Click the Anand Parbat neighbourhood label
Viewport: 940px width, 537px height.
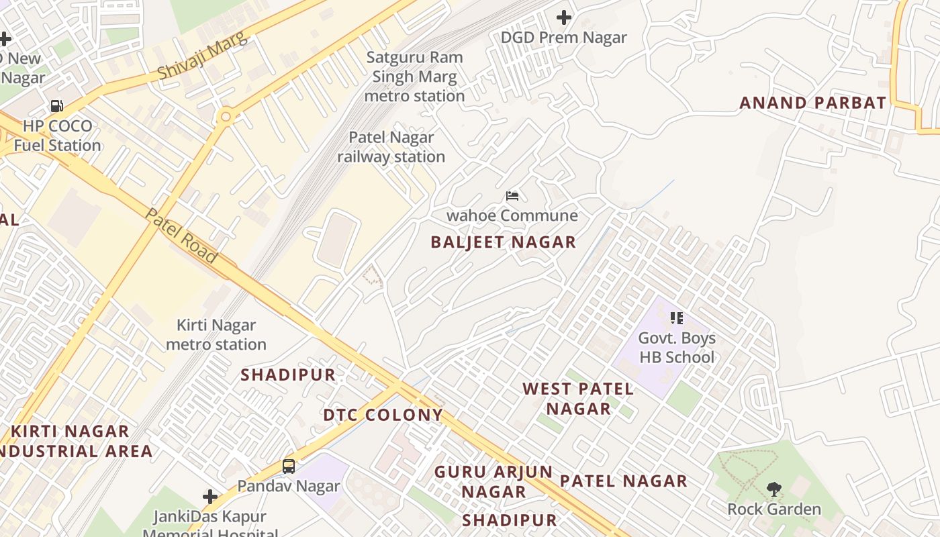[812, 103]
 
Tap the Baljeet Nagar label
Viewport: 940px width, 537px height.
[503, 242]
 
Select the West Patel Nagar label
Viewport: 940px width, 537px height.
[578, 398]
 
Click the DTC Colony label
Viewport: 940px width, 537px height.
[383, 415]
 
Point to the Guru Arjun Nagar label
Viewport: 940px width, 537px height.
[493, 481]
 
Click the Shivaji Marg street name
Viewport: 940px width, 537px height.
[202, 55]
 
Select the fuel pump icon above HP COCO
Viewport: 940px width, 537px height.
[57, 106]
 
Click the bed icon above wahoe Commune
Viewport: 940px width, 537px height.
[512, 196]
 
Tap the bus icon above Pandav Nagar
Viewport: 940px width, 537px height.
[289, 466]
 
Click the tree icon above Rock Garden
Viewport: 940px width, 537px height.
[773, 489]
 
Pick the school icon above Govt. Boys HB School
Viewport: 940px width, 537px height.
[676, 318]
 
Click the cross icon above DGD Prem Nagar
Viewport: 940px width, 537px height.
[564, 17]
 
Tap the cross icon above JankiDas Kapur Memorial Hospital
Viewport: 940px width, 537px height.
[210, 497]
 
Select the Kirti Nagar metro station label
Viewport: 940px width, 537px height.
[216, 335]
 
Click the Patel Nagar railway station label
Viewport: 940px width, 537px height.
[391, 147]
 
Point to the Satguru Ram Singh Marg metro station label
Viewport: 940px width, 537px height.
[414, 77]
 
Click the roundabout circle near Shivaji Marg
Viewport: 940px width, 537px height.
[226, 117]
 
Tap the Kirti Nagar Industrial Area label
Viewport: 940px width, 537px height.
[74, 440]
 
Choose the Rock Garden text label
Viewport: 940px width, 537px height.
[774, 509]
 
